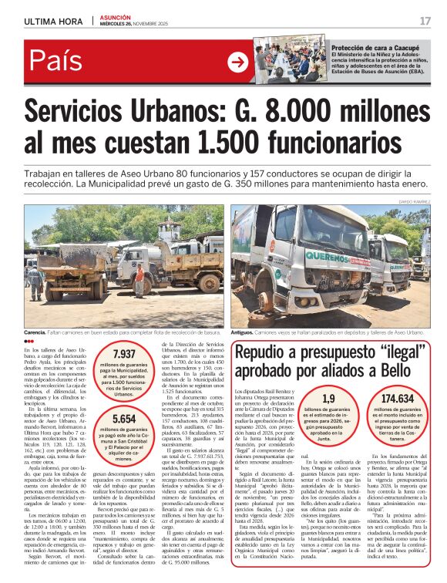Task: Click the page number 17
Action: [425, 20]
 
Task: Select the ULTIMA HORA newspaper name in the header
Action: [54, 21]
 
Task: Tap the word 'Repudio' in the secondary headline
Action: [267, 352]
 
